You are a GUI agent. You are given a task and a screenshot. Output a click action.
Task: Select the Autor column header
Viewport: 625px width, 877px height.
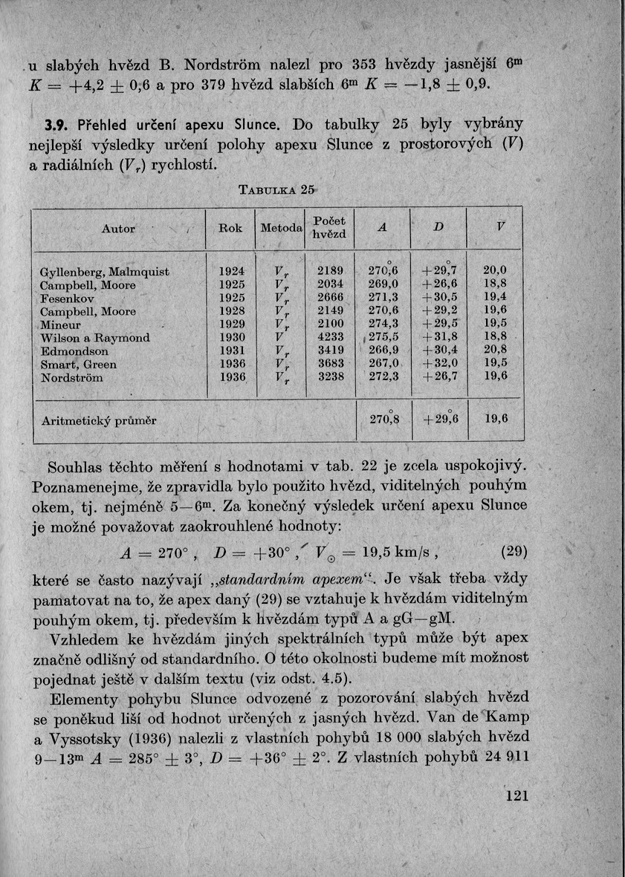(117, 229)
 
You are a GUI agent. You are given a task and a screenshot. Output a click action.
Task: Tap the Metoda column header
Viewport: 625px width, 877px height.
(281, 228)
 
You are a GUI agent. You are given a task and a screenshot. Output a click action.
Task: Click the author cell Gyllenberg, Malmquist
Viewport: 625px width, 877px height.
(104, 273)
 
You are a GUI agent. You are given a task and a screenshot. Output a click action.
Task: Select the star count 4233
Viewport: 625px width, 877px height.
(331, 338)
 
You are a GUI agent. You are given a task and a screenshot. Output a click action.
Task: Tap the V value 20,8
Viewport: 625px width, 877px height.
(495, 351)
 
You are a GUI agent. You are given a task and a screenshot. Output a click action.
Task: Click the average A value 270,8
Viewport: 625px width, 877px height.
(384, 420)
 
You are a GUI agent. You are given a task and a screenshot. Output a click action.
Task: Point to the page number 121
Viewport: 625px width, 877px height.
(516, 795)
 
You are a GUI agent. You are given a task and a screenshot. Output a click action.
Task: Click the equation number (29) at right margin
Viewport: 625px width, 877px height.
(514, 552)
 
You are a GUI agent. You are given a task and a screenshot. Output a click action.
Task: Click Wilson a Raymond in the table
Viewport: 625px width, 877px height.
(94, 338)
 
